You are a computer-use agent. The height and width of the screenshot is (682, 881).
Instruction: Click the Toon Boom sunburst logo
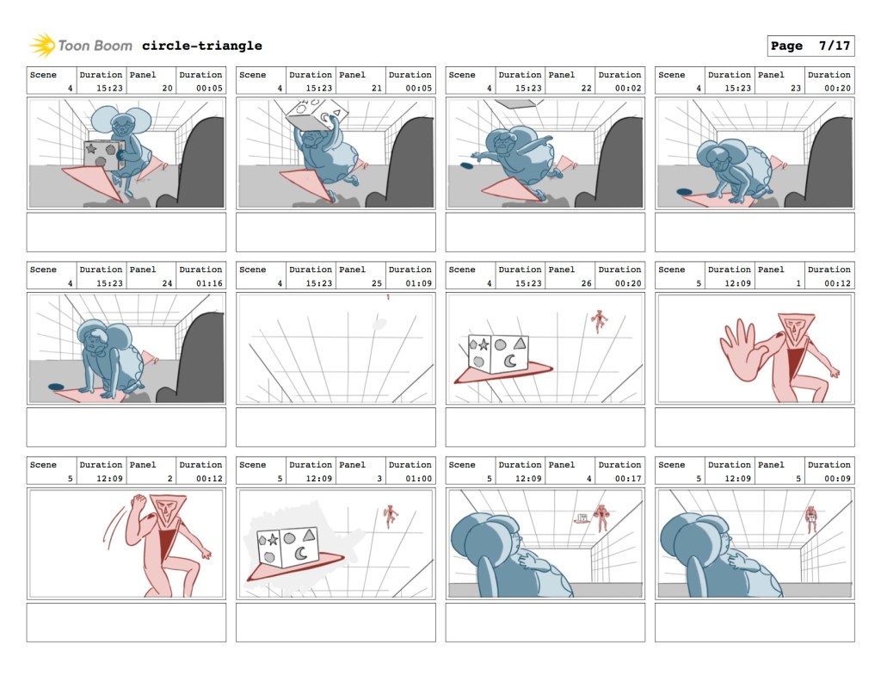tap(42, 45)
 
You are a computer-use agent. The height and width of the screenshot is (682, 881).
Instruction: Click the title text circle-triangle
tap(201, 46)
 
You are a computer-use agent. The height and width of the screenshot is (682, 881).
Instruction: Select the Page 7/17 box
tap(810, 46)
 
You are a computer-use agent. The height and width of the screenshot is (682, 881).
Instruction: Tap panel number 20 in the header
tap(168, 89)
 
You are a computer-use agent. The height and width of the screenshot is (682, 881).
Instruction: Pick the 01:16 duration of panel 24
tap(209, 283)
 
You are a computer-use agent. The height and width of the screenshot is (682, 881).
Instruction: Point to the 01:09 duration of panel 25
tap(419, 283)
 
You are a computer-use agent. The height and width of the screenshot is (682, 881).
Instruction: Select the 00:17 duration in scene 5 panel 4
tap(628, 479)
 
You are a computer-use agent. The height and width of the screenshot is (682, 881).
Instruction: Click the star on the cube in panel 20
tap(91, 148)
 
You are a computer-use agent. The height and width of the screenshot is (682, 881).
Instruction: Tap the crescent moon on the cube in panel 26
tap(511, 361)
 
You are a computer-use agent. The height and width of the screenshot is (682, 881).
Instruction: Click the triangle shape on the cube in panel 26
tap(521, 343)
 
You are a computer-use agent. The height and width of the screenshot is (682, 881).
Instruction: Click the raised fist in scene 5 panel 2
tap(139, 502)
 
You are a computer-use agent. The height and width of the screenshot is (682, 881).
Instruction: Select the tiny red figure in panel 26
tap(600, 321)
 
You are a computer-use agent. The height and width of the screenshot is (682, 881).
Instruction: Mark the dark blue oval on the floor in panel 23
tap(684, 192)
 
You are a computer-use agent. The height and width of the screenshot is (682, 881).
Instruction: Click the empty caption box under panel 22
tap(545, 232)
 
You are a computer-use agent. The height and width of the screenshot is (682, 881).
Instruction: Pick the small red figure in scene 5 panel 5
tap(810, 519)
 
